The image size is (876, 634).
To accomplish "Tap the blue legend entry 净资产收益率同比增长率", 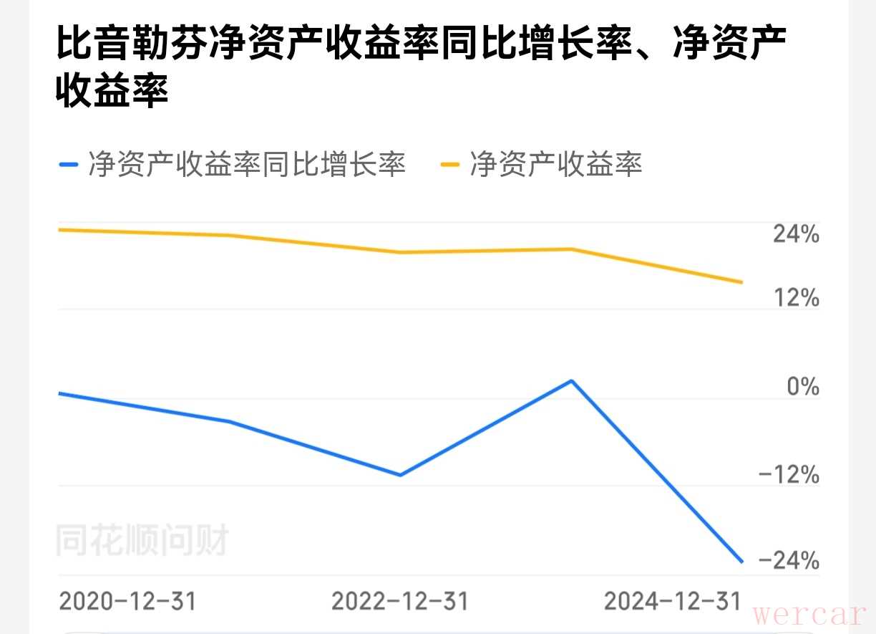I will [x=247, y=164].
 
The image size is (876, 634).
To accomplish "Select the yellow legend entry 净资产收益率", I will [x=555, y=164].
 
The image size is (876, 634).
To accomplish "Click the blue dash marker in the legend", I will [x=69, y=165].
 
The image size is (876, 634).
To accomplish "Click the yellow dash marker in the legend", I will [x=449, y=165].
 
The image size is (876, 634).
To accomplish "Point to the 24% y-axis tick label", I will [x=796, y=234].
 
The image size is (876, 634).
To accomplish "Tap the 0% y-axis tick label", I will [x=803, y=387].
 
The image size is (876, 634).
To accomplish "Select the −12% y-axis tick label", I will [x=789, y=475].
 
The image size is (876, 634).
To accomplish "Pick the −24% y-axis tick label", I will [x=789, y=560].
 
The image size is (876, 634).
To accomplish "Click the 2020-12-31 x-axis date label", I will [x=127, y=601].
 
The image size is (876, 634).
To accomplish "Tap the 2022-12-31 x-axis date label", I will [x=400, y=601].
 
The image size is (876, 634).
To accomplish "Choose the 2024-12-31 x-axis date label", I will [x=673, y=601].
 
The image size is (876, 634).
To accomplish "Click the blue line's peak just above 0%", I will [x=571, y=380].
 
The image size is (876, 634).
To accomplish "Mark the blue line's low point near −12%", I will [x=400, y=475].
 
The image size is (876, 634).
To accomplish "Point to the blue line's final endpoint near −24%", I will [x=742, y=562].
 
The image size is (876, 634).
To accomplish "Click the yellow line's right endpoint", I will [x=742, y=282].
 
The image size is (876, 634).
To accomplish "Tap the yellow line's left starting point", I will [x=59, y=230].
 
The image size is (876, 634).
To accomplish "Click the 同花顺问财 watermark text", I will [x=142, y=541].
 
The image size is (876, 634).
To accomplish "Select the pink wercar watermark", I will [x=809, y=614].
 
